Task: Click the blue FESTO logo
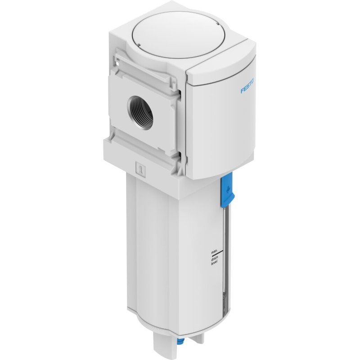tap(247, 86)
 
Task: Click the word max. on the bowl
tap(214, 252)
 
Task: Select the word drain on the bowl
tap(214, 259)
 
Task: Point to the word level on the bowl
tap(214, 263)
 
